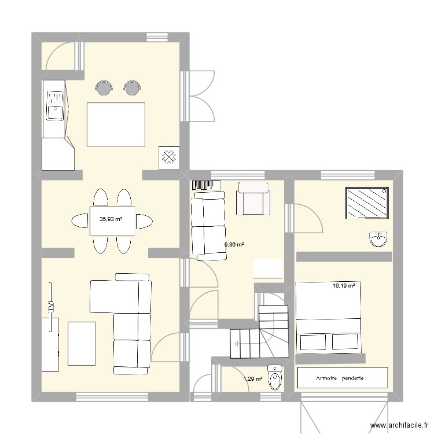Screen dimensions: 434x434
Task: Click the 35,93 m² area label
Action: coord(111,219)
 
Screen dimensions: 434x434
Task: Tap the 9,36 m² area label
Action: coord(234,245)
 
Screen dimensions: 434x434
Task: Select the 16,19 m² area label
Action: coord(343,285)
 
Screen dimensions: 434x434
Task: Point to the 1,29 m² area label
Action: coord(253,379)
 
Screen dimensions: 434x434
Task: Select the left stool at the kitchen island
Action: coord(104,87)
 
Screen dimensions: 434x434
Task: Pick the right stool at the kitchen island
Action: coord(133,87)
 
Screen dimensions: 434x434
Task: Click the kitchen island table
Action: coord(116,124)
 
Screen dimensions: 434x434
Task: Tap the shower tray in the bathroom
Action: coord(367,203)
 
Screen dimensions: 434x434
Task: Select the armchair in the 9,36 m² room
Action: coord(252,198)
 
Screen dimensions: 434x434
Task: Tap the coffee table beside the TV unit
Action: coord(82,343)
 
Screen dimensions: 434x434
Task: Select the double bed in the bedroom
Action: coord(329,317)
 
